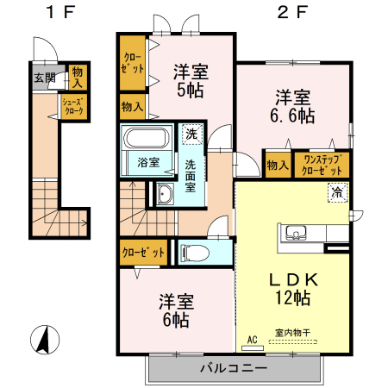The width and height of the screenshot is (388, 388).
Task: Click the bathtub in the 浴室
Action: (x=146, y=138)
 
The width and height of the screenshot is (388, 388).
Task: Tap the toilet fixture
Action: (x=195, y=253)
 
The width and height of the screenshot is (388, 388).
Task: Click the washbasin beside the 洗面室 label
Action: (x=165, y=194)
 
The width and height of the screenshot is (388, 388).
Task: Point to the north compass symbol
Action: (x=45, y=340)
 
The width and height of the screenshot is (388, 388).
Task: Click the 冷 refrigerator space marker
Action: (x=338, y=193)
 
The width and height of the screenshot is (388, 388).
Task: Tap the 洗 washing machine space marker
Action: (x=191, y=134)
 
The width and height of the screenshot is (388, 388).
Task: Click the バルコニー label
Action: (x=234, y=368)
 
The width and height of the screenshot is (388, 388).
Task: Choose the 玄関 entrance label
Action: (x=45, y=78)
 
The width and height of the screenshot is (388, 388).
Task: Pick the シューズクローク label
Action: (x=73, y=106)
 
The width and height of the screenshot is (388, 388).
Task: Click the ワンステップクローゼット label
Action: (x=322, y=165)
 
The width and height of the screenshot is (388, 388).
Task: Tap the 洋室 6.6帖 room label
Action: (x=292, y=107)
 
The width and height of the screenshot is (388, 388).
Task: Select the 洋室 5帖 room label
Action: (x=191, y=81)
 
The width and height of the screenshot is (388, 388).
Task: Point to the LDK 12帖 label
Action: (x=293, y=289)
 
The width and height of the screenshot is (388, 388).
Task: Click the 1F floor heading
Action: (x=60, y=12)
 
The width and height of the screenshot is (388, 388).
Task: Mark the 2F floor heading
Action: (x=292, y=12)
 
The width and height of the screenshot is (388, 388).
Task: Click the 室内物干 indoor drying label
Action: (x=292, y=333)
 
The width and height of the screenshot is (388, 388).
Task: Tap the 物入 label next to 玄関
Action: (x=77, y=77)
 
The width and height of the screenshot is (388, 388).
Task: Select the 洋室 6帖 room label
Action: (x=177, y=310)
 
